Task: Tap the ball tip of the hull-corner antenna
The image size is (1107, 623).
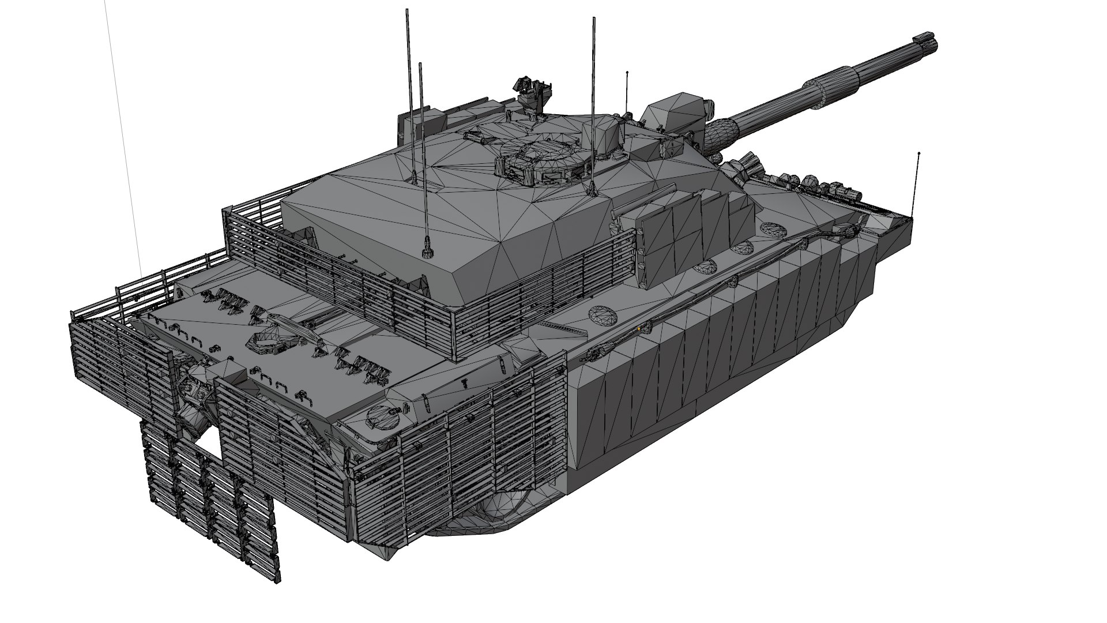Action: (x=918, y=153)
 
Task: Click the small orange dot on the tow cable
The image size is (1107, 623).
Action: (x=639, y=328)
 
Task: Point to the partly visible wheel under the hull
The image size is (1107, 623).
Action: (x=507, y=508)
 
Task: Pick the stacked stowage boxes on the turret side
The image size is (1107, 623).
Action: (x=686, y=231)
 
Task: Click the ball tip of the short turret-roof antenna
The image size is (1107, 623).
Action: (x=627, y=73)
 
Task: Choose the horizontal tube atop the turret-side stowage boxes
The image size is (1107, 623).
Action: (x=646, y=202)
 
